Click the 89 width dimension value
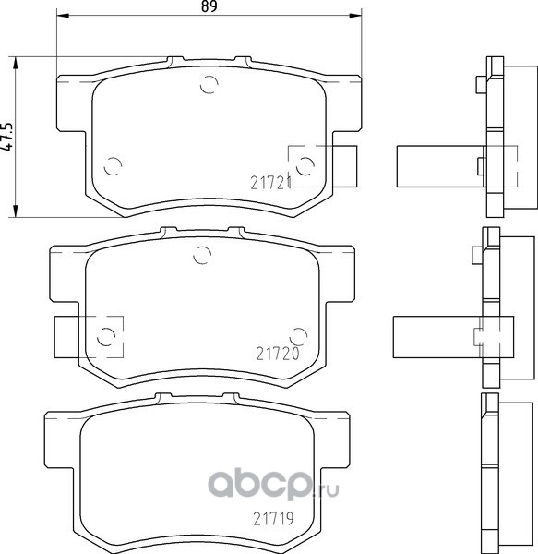click(x=209, y=6)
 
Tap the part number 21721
click(x=270, y=183)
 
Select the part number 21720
click(x=278, y=354)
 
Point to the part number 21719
click(x=273, y=519)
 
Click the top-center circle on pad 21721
click(x=209, y=84)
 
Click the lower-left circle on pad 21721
click(x=113, y=165)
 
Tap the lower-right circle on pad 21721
click(x=305, y=165)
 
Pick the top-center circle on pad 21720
click(x=202, y=255)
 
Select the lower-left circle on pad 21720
click(x=105, y=336)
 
